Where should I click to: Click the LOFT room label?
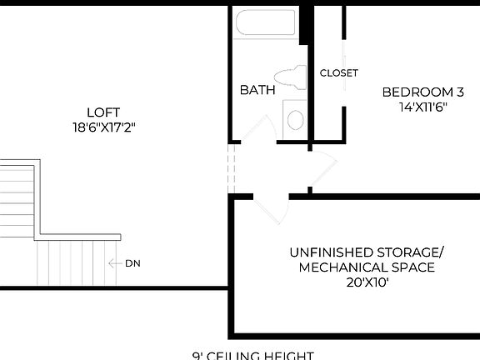pyautogui.click(x=103, y=112)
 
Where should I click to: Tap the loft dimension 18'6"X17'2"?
pyautogui.click(x=103, y=127)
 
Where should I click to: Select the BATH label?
pyautogui.click(x=257, y=90)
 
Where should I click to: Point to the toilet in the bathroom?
pyautogui.click(x=291, y=77)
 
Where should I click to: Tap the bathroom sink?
pyautogui.click(x=295, y=118)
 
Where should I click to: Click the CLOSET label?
pyautogui.click(x=339, y=73)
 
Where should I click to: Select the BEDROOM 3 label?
pyautogui.click(x=422, y=92)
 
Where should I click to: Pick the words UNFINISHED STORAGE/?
pyautogui.click(x=367, y=252)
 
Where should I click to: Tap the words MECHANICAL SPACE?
pyautogui.click(x=367, y=267)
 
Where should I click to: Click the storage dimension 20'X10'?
pyautogui.click(x=367, y=282)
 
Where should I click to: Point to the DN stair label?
pyautogui.click(x=132, y=263)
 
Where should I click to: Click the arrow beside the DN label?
pyautogui.click(x=115, y=263)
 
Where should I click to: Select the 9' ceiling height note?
pyautogui.click(x=253, y=356)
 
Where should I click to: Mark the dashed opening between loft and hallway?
pyautogui.click(x=232, y=170)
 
